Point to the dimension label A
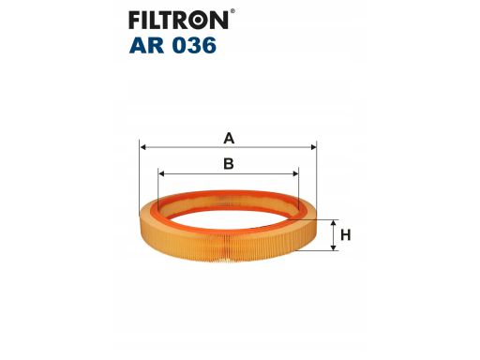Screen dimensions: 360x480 (x=228, y=139)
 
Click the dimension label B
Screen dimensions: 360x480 (x=228, y=164)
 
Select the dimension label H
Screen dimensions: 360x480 (x=345, y=235)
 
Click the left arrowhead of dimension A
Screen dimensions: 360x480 (x=142, y=146)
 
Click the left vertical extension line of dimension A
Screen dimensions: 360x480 (x=139, y=169)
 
